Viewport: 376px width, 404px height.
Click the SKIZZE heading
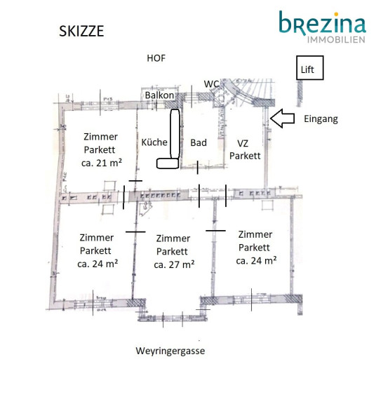pyautogui.click(x=81, y=31)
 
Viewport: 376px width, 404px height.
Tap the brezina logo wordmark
pyautogui.click(x=323, y=22)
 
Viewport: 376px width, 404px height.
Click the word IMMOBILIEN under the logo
pyautogui.click(x=336, y=40)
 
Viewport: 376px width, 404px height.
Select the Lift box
pyautogui.click(x=309, y=68)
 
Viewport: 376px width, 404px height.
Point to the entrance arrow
pyautogui.click(x=282, y=119)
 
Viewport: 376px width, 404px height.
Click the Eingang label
pyautogui.click(x=321, y=119)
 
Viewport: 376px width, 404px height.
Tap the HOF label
pyautogui.click(x=156, y=58)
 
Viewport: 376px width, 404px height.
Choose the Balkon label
pyautogui.click(x=159, y=95)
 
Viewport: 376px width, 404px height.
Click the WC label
pyautogui.click(x=211, y=84)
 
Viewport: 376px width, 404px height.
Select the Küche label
pyautogui.click(x=154, y=142)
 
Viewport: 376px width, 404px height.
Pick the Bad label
pyautogui.click(x=199, y=142)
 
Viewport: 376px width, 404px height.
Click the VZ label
pyautogui.click(x=243, y=143)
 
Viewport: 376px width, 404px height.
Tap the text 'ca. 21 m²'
pyautogui.click(x=102, y=163)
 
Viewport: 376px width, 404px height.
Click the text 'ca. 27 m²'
pyautogui.click(x=174, y=264)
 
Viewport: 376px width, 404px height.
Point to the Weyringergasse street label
pyautogui.click(x=170, y=351)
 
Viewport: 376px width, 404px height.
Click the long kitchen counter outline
pyautogui.click(x=175, y=134)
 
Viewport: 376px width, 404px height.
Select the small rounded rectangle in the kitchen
pyautogui.click(x=168, y=163)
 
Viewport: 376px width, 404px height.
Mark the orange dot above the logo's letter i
pyautogui.click(x=335, y=13)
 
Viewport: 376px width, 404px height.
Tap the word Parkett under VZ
pyautogui.click(x=245, y=156)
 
